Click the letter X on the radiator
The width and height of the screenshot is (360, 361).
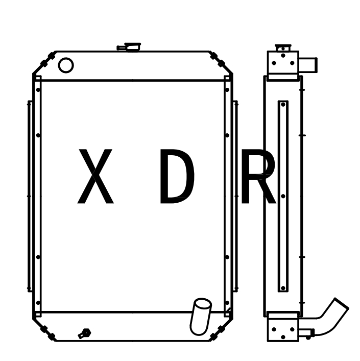[95, 177]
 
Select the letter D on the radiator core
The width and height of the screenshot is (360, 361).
[177, 177]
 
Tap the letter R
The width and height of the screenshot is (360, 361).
[258, 177]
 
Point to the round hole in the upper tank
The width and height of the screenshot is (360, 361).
[66, 65]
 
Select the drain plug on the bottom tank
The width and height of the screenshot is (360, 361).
[84, 333]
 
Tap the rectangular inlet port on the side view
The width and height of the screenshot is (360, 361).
[308, 65]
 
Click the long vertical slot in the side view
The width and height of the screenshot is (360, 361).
[283, 196]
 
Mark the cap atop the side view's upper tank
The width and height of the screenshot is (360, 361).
[282, 47]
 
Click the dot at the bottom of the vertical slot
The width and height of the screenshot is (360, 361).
[283, 288]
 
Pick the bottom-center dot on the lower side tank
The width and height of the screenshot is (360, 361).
[283, 337]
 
